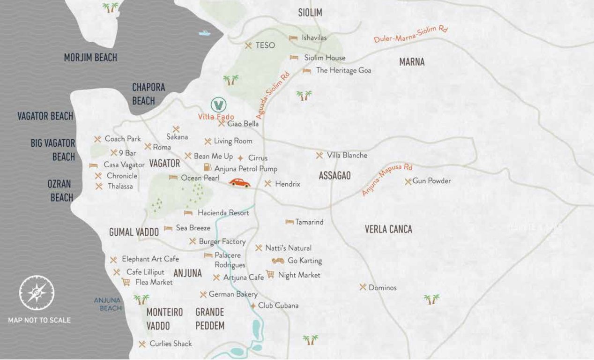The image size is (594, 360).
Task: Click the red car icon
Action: [239, 183]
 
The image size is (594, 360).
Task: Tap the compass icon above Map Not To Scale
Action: [37, 293]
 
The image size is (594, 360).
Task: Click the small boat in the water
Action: [204, 33]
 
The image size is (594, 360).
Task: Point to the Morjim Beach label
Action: [90, 58]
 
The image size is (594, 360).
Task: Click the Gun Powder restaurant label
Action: [431, 181]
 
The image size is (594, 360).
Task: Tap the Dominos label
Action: [382, 287]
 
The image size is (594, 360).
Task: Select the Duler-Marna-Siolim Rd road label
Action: [411, 34]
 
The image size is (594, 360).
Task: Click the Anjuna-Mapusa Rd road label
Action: [387, 180]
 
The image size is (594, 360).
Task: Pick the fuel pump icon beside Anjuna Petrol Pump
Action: [207, 167]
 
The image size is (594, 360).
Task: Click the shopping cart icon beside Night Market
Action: [270, 274]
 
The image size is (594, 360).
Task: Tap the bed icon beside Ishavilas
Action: [293, 38]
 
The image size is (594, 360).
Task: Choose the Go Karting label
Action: [304, 261]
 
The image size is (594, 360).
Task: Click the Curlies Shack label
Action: [171, 344]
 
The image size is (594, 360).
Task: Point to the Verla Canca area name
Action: [388, 229]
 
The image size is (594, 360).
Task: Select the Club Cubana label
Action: [278, 306]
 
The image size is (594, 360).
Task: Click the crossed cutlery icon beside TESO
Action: [248, 45]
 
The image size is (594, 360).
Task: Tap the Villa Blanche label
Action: [347, 155]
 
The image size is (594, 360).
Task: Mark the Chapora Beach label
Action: [148, 94]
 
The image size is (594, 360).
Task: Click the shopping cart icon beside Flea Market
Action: [126, 282]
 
